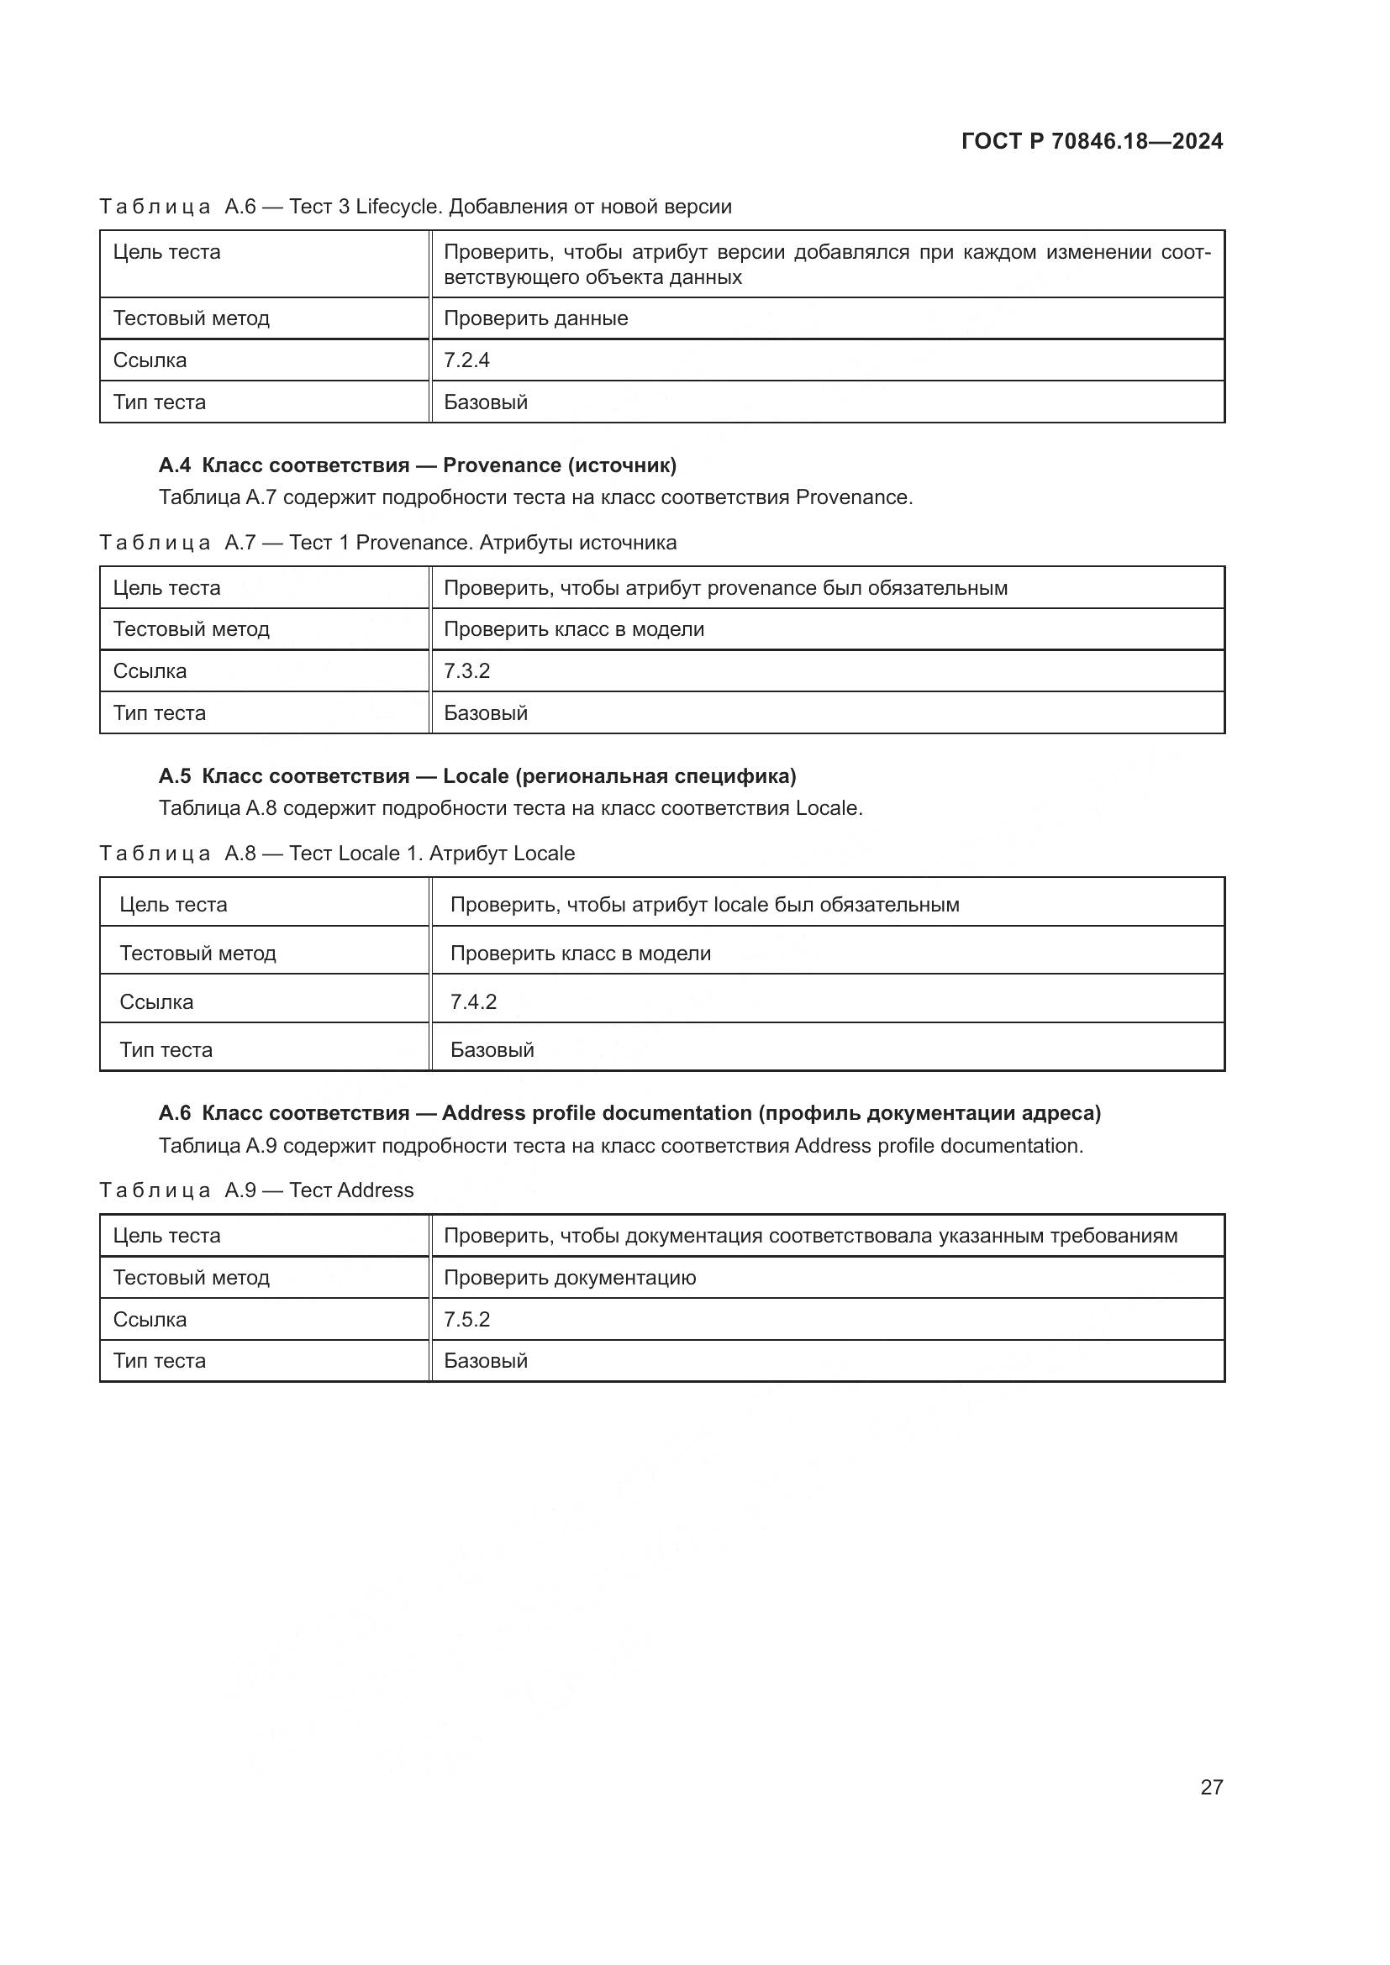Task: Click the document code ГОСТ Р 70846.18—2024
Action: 1092,141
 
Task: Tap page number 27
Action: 1211,1787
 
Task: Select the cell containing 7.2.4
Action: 466,360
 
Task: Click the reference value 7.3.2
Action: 466,671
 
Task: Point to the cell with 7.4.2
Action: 473,1001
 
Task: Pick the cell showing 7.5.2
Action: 466,1319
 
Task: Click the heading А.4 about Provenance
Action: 417,465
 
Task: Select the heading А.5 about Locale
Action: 476,776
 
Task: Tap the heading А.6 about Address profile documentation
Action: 629,1112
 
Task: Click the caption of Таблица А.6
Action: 415,207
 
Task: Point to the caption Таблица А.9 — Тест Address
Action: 257,1190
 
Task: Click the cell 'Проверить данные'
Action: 536,318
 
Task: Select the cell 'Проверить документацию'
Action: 570,1278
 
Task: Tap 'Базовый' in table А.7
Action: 485,713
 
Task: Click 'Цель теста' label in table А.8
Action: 173,905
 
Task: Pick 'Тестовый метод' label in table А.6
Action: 191,318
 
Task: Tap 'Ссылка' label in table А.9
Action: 150,1319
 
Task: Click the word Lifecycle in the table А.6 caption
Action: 398,207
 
